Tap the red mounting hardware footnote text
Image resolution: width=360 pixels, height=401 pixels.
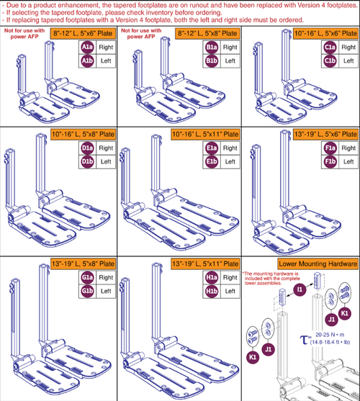coord(277,276)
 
